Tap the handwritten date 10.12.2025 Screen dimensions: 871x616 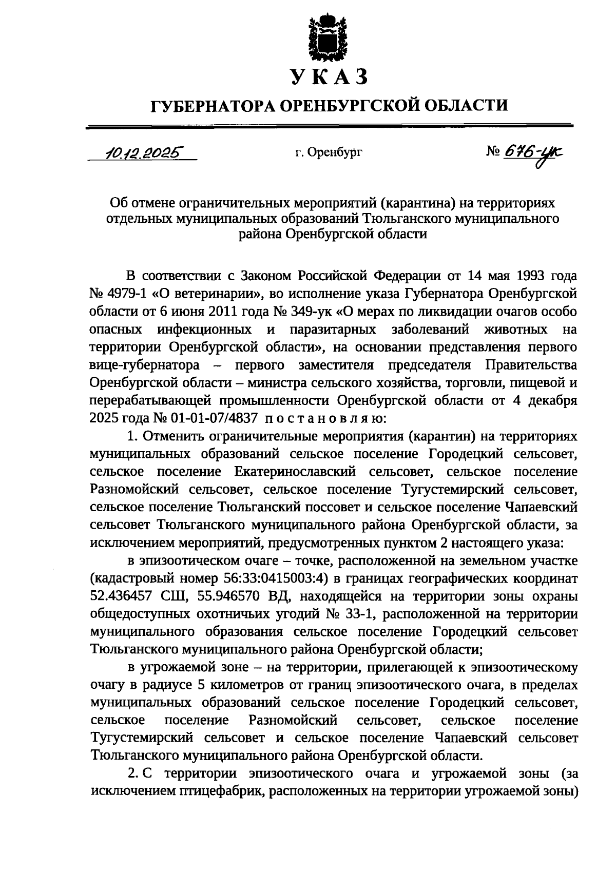(x=142, y=152)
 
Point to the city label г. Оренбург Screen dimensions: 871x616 (x=329, y=152)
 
